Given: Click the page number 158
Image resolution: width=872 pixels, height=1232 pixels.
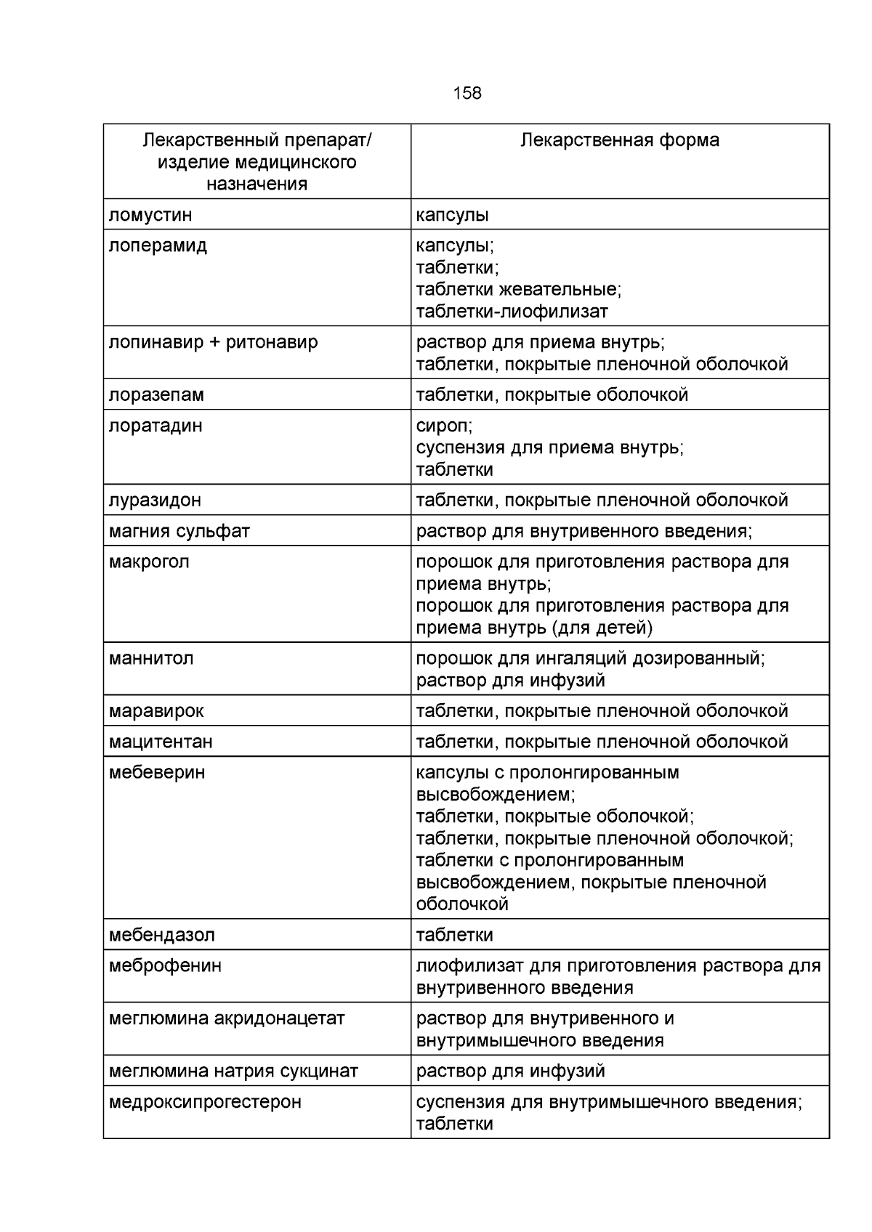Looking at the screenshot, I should click(x=467, y=93).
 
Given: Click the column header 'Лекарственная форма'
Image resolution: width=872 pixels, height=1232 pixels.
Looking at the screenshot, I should click(x=620, y=140).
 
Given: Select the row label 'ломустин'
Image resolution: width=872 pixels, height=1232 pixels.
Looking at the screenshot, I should click(x=150, y=215).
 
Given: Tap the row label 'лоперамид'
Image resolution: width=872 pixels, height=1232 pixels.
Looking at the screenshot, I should click(x=158, y=246).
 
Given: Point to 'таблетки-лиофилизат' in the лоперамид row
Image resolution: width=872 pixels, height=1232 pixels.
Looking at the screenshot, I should click(x=512, y=312).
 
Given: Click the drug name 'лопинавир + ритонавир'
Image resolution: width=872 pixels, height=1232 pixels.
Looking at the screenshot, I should click(x=213, y=342).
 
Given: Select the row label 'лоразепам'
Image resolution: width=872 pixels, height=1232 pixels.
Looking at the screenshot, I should click(x=156, y=395).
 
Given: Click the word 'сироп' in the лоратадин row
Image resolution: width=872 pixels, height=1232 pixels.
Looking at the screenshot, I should click(x=443, y=426).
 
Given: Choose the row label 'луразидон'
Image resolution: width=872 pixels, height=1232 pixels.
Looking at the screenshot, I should click(x=155, y=500).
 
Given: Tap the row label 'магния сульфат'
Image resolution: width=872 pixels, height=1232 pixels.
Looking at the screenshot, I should click(x=179, y=532).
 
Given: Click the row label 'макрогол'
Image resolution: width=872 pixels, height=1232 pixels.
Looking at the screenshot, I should click(x=149, y=562).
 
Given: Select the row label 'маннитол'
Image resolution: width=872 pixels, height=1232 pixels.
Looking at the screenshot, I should click(x=151, y=659).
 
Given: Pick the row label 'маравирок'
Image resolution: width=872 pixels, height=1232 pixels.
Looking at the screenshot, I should click(x=156, y=711).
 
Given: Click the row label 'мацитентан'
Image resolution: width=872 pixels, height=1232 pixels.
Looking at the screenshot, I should click(x=161, y=742).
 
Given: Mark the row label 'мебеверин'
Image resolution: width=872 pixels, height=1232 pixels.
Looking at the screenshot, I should click(x=157, y=773).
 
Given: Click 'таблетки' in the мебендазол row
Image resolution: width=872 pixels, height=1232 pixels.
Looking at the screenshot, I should click(x=454, y=935).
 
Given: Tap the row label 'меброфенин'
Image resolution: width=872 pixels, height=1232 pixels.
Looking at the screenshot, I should click(x=165, y=966).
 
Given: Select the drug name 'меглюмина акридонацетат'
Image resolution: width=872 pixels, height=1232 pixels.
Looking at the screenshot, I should click(x=227, y=1018).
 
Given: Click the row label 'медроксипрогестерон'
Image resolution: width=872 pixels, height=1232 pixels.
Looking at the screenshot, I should click(x=205, y=1102).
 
